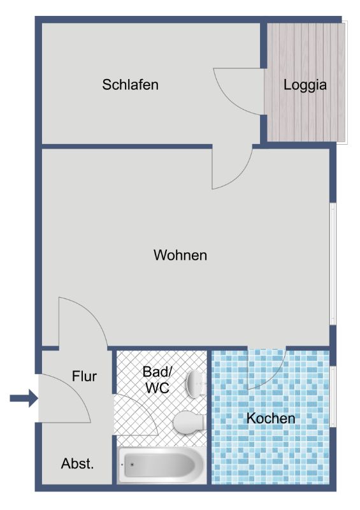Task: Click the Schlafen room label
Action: pyautogui.click(x=130, y=85)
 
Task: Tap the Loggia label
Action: pyautogui.click(x=305, y=85)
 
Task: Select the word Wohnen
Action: pyautogui.click(x=180, y=255)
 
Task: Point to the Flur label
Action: pyautogui.click(x=84, y=376)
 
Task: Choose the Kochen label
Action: pyautogui.click(x=271, y=418)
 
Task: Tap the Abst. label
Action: pyautogui.click(x=77, y=463)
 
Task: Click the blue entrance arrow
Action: pyautogui.click(x=24, y=398)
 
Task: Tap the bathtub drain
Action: pyautogui.click(x=132, y=464)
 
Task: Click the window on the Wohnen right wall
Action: pyautogui.click(x=333, y=264)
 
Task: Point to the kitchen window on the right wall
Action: pyautogui.click(x=333, y=396)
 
